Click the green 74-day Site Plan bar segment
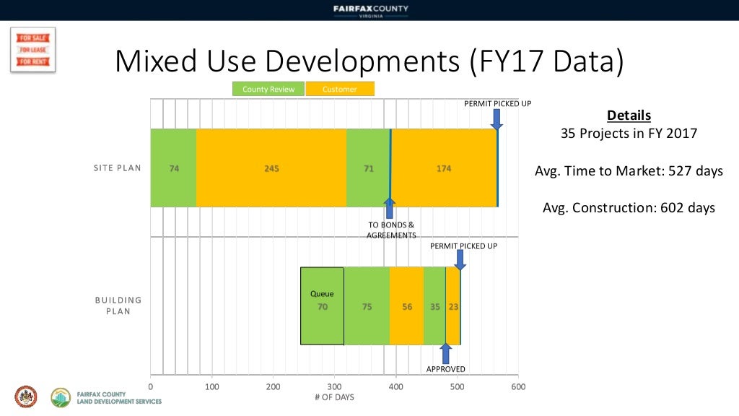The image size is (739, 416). (x=174, y=168)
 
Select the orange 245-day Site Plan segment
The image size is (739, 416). (x=271, y=168)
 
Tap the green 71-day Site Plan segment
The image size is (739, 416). (x=368, y=168)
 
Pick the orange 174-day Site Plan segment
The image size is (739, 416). (x=444, y=168)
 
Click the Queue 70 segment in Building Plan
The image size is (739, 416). (x=322, y=305)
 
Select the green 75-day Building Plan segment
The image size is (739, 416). (x=367, y=305)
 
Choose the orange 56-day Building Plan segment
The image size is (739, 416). (x=407, y=305)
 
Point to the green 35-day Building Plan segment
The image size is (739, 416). (x=434, y=305)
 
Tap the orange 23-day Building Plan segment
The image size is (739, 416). (x=453, y=305)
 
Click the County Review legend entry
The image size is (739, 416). (x=268, y=90)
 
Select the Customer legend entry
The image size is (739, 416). (x=340, y=90)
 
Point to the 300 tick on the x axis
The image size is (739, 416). (x=334, y=386)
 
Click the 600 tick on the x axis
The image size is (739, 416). (x=518, y=386)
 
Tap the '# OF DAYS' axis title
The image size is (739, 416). (x=334, y=397)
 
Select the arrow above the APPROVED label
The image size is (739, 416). (x=445, y=353)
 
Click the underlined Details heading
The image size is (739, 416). (x=629, y=116)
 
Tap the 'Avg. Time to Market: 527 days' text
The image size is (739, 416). (x=629, y=171)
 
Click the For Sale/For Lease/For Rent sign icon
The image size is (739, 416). (x=32, y=50)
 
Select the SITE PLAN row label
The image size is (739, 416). (x=117, y=168)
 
